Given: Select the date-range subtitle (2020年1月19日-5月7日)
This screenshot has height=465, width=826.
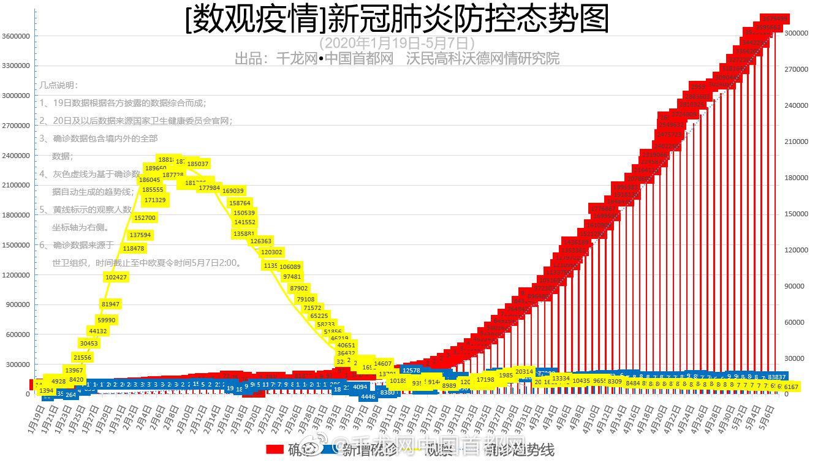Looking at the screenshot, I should [x=397, y=43].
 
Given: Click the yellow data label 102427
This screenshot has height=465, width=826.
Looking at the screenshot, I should [x=116, y=278].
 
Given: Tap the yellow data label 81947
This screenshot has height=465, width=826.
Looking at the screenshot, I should [x=111, y=304].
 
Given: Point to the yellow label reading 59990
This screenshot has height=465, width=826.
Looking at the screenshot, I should [x=107, y=320].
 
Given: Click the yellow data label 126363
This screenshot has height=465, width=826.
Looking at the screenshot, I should [x=261, y=241].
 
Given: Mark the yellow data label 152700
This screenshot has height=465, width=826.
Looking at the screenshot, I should [x=145, y=217].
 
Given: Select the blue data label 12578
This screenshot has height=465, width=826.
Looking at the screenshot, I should [x=411, y=370].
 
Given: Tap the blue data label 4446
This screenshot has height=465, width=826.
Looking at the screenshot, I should [x=368, y=396].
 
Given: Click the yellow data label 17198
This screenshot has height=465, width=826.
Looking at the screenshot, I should [x=485, y=380].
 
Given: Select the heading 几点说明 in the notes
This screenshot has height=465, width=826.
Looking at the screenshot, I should [x=59, y=85].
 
